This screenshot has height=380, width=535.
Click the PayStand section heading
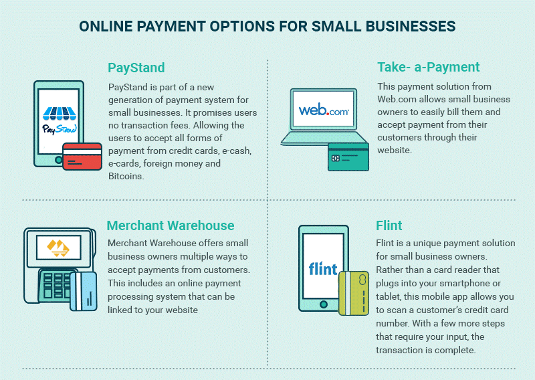[x=136, y=68]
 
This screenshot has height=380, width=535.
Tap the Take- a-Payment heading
[x=428, y=67]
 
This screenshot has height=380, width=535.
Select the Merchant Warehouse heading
[x=171, y=225]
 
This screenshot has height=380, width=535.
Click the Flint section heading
[x=389, y=225]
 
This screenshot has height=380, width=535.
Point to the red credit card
[x=82, y=157]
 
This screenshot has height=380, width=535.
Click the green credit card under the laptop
[x=348, y=157]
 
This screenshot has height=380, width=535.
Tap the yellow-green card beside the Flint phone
[x=354, y=293]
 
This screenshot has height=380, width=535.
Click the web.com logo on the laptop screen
[x=324, y=110]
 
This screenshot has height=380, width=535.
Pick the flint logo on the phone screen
[x=323, y=268]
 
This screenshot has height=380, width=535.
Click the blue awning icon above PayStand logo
[x=60, y=113]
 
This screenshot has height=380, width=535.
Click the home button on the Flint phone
[x=324, y=304]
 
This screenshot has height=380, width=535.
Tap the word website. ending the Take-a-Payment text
[x=395, y=150]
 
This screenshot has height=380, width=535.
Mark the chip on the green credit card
[x=336, y=158]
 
